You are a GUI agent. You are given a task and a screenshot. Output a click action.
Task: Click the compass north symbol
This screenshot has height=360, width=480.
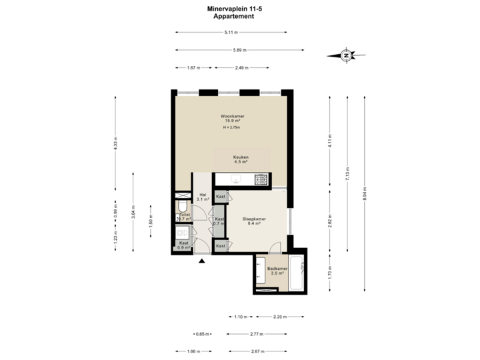346,56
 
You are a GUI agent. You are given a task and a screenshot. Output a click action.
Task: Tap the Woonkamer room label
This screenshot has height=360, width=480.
233,116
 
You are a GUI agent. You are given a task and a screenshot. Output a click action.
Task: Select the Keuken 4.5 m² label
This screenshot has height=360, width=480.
241,159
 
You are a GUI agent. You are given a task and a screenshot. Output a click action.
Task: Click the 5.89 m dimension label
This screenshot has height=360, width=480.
240,49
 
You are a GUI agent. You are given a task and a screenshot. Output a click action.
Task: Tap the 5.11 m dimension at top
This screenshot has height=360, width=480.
231,32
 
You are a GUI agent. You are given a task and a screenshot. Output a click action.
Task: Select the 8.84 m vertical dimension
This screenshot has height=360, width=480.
364,194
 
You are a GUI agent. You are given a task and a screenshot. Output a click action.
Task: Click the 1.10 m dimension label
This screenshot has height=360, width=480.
241,316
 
